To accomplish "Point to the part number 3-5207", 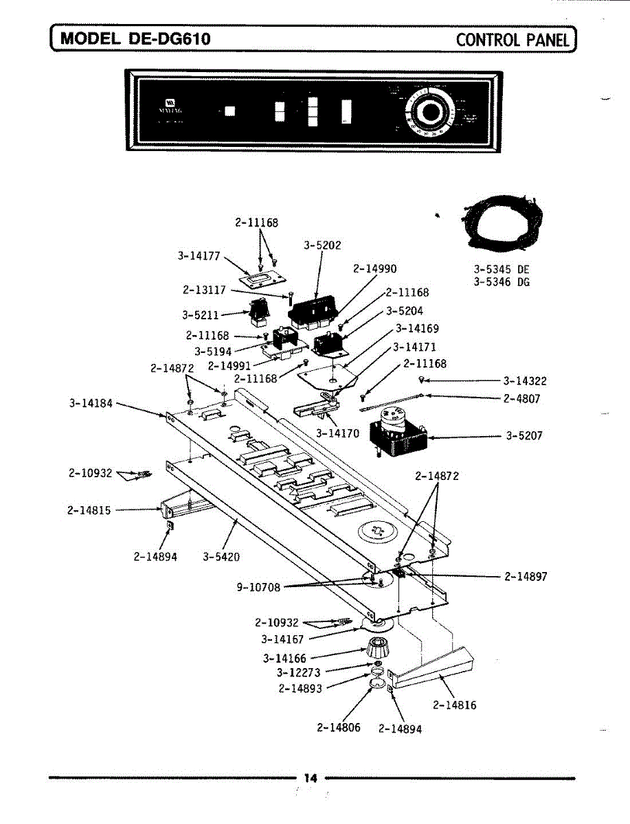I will click(524, 435).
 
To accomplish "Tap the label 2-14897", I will click(526, 577).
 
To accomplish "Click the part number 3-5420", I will click(221, 557).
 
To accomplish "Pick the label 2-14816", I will click(454, 705).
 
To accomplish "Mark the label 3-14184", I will click(91, 403).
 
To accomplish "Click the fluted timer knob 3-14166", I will click(375, 647).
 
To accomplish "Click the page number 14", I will click(311, 778).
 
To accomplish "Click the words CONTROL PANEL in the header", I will click(513, 39).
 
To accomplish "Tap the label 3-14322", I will click(525, 381).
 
